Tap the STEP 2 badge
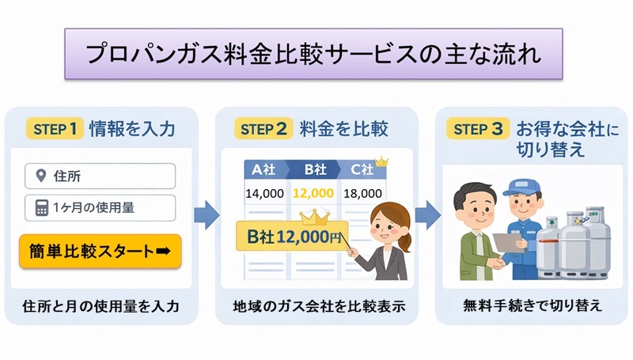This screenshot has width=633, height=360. (266, 127)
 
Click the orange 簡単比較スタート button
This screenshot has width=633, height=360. (100, 251)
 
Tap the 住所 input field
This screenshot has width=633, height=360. (100, 175)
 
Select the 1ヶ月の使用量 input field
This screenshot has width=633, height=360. (100, 207)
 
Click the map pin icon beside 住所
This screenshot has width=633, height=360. (40, 175)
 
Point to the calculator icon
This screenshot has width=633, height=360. (40, 207)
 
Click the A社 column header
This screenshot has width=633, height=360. (263, 169)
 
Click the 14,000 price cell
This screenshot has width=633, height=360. (263, 192)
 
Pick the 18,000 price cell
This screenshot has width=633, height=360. (362, 192)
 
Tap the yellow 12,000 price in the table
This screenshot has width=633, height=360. (313, 192)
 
